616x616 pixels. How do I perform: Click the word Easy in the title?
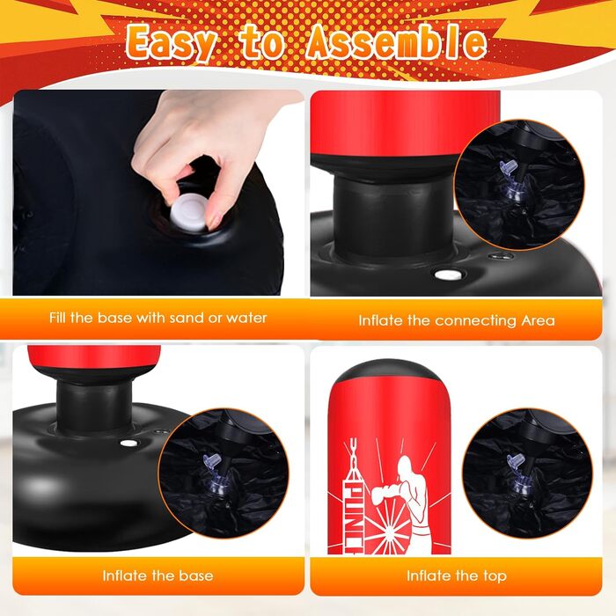[171, 42]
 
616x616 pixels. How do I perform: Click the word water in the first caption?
[246, 318]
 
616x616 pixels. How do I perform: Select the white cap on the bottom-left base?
[128, 444]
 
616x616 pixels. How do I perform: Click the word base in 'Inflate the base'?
[196, 576]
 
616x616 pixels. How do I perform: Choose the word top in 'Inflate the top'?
[495, 576]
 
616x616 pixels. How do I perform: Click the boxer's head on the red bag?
[406, 468]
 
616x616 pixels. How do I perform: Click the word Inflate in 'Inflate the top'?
[428, 576]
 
